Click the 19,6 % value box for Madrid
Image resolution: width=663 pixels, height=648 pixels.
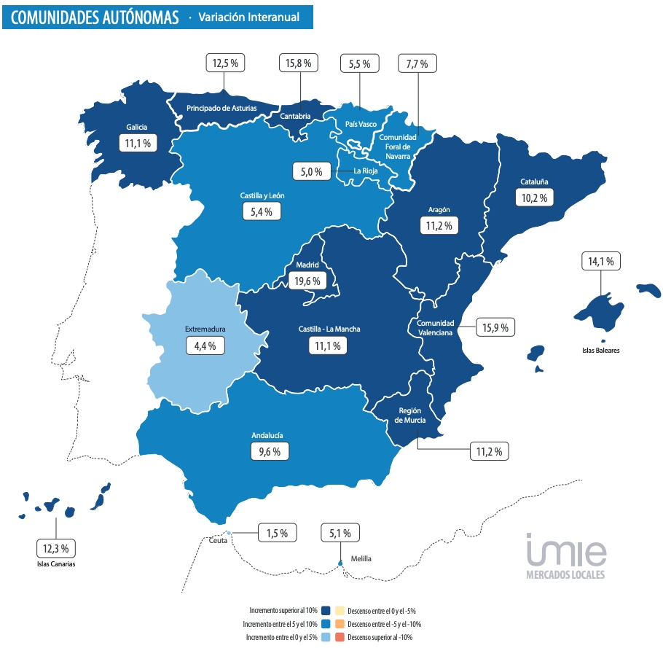tap(306, 280)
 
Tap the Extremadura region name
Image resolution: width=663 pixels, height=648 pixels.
tap(205, 329)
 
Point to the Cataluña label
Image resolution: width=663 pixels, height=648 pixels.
tap(534, 181)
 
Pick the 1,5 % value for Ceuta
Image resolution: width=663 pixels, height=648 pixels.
tap(277, 534)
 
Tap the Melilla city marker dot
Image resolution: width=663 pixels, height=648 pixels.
tap(340, 562)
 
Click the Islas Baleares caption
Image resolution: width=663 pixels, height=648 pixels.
tap(600, 351)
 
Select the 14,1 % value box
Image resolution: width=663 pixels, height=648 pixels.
tap(600, 261)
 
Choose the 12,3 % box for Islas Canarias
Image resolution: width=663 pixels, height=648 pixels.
tap(56, 547)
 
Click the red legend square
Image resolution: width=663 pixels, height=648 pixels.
tap(340, 637)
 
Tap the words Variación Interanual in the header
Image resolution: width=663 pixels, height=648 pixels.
tap(248, 17)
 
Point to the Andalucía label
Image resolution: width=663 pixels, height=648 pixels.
tap(267, 435)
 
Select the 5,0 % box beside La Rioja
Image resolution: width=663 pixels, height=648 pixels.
tap(312, 172)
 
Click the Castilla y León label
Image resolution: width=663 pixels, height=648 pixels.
tap(262, 195)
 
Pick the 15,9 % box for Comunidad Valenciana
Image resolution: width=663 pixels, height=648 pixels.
tap(495, 327)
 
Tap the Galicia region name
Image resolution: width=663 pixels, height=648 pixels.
tap(137, 127)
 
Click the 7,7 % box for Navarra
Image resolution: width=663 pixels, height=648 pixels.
tap(417, 63)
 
